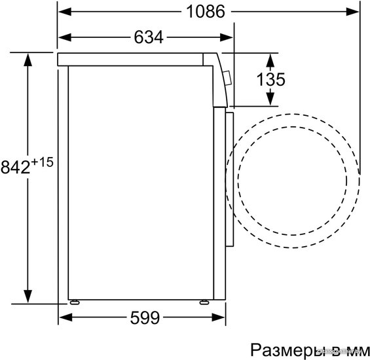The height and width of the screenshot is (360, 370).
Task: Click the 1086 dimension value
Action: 206,11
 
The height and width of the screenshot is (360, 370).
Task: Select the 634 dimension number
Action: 149,37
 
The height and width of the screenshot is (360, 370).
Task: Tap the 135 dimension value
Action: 270,79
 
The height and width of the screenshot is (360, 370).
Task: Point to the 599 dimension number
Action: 145,317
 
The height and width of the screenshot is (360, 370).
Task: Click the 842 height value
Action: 16,167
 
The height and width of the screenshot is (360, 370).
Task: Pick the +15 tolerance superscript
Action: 42,162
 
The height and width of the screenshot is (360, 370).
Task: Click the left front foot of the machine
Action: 75,302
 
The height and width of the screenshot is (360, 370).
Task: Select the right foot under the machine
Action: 204,302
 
